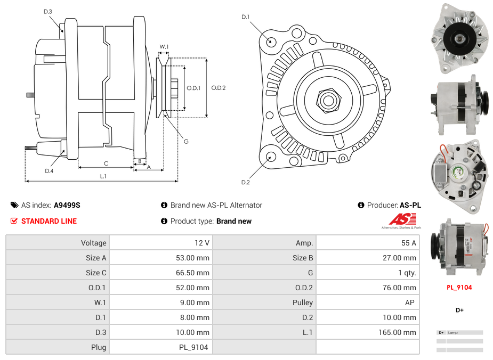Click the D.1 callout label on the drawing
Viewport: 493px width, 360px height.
click(x=245, y=17)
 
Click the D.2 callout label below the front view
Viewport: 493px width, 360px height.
click(x=245, y=183)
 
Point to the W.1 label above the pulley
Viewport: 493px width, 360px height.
click(x=164, y=47)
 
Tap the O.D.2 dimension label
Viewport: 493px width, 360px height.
click(x=219, y=88)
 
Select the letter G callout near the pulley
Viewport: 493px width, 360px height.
click(x=186, y=142)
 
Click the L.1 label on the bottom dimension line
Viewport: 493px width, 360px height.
click(x=103, y=176)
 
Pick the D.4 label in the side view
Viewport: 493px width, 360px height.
click(x=49, y=171)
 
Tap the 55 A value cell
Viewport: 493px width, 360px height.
click(x=408, y=243)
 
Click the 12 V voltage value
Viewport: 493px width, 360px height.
click(x=202, y=243)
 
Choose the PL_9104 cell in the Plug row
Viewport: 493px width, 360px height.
click(x=193, y=347)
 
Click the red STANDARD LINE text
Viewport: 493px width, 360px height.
click(x=49, y=221)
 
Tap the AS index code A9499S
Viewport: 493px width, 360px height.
click(x=67, y=205)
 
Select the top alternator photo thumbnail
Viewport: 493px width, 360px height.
click(x=459, y=38)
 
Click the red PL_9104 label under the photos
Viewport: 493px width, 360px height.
click(x=459, y=288)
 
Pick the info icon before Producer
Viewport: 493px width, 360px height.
click(x=361, y=205)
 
